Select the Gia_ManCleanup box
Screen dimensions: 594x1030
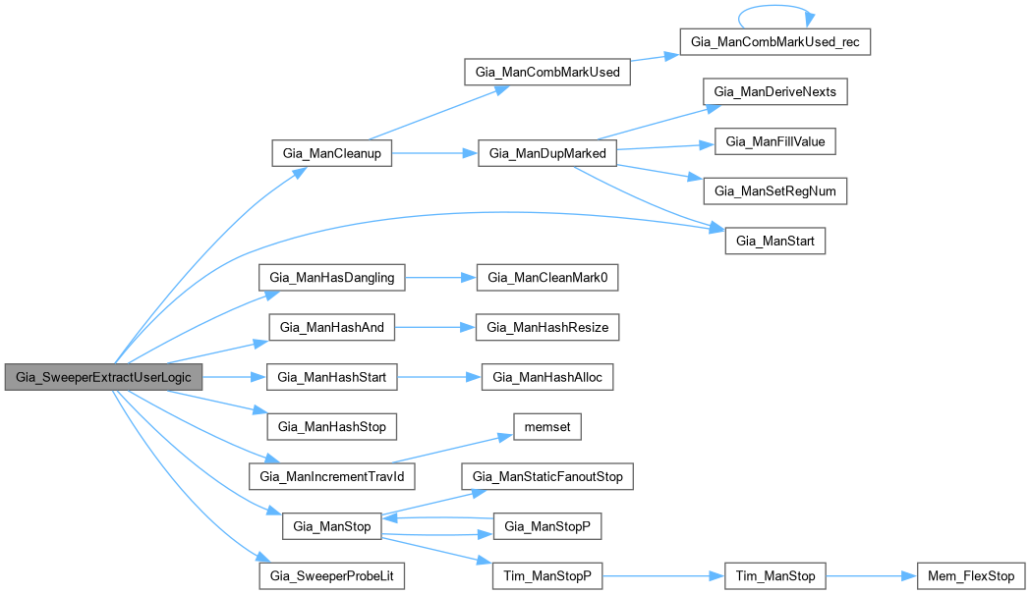click(331, 154)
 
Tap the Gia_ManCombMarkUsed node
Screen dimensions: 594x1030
click(547, 73)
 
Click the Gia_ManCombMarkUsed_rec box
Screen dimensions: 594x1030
click(775, 43)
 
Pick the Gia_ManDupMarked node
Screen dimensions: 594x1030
click(546, 154)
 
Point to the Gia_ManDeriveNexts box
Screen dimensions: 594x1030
click(773, 91)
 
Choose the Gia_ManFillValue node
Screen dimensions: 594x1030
click(773, 141)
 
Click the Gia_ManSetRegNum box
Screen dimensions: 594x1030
click(773, 191)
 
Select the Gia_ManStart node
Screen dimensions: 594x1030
click(774, 242)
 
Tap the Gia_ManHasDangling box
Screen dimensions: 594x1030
click(331, 278)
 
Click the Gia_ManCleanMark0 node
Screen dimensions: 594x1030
click(547, 278)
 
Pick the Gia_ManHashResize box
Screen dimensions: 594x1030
click(547, 328)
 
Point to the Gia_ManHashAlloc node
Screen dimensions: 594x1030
click(547, 378)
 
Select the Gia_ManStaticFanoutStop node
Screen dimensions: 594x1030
click(547, 477)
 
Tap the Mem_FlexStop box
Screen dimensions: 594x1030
click(970, 576)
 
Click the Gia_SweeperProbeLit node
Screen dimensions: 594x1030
click(331, 576)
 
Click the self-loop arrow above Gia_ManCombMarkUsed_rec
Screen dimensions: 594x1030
click(775, 12)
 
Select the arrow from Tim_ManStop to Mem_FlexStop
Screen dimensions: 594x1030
click(870, 576)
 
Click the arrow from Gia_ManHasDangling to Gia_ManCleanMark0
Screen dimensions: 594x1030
click(439, 278)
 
